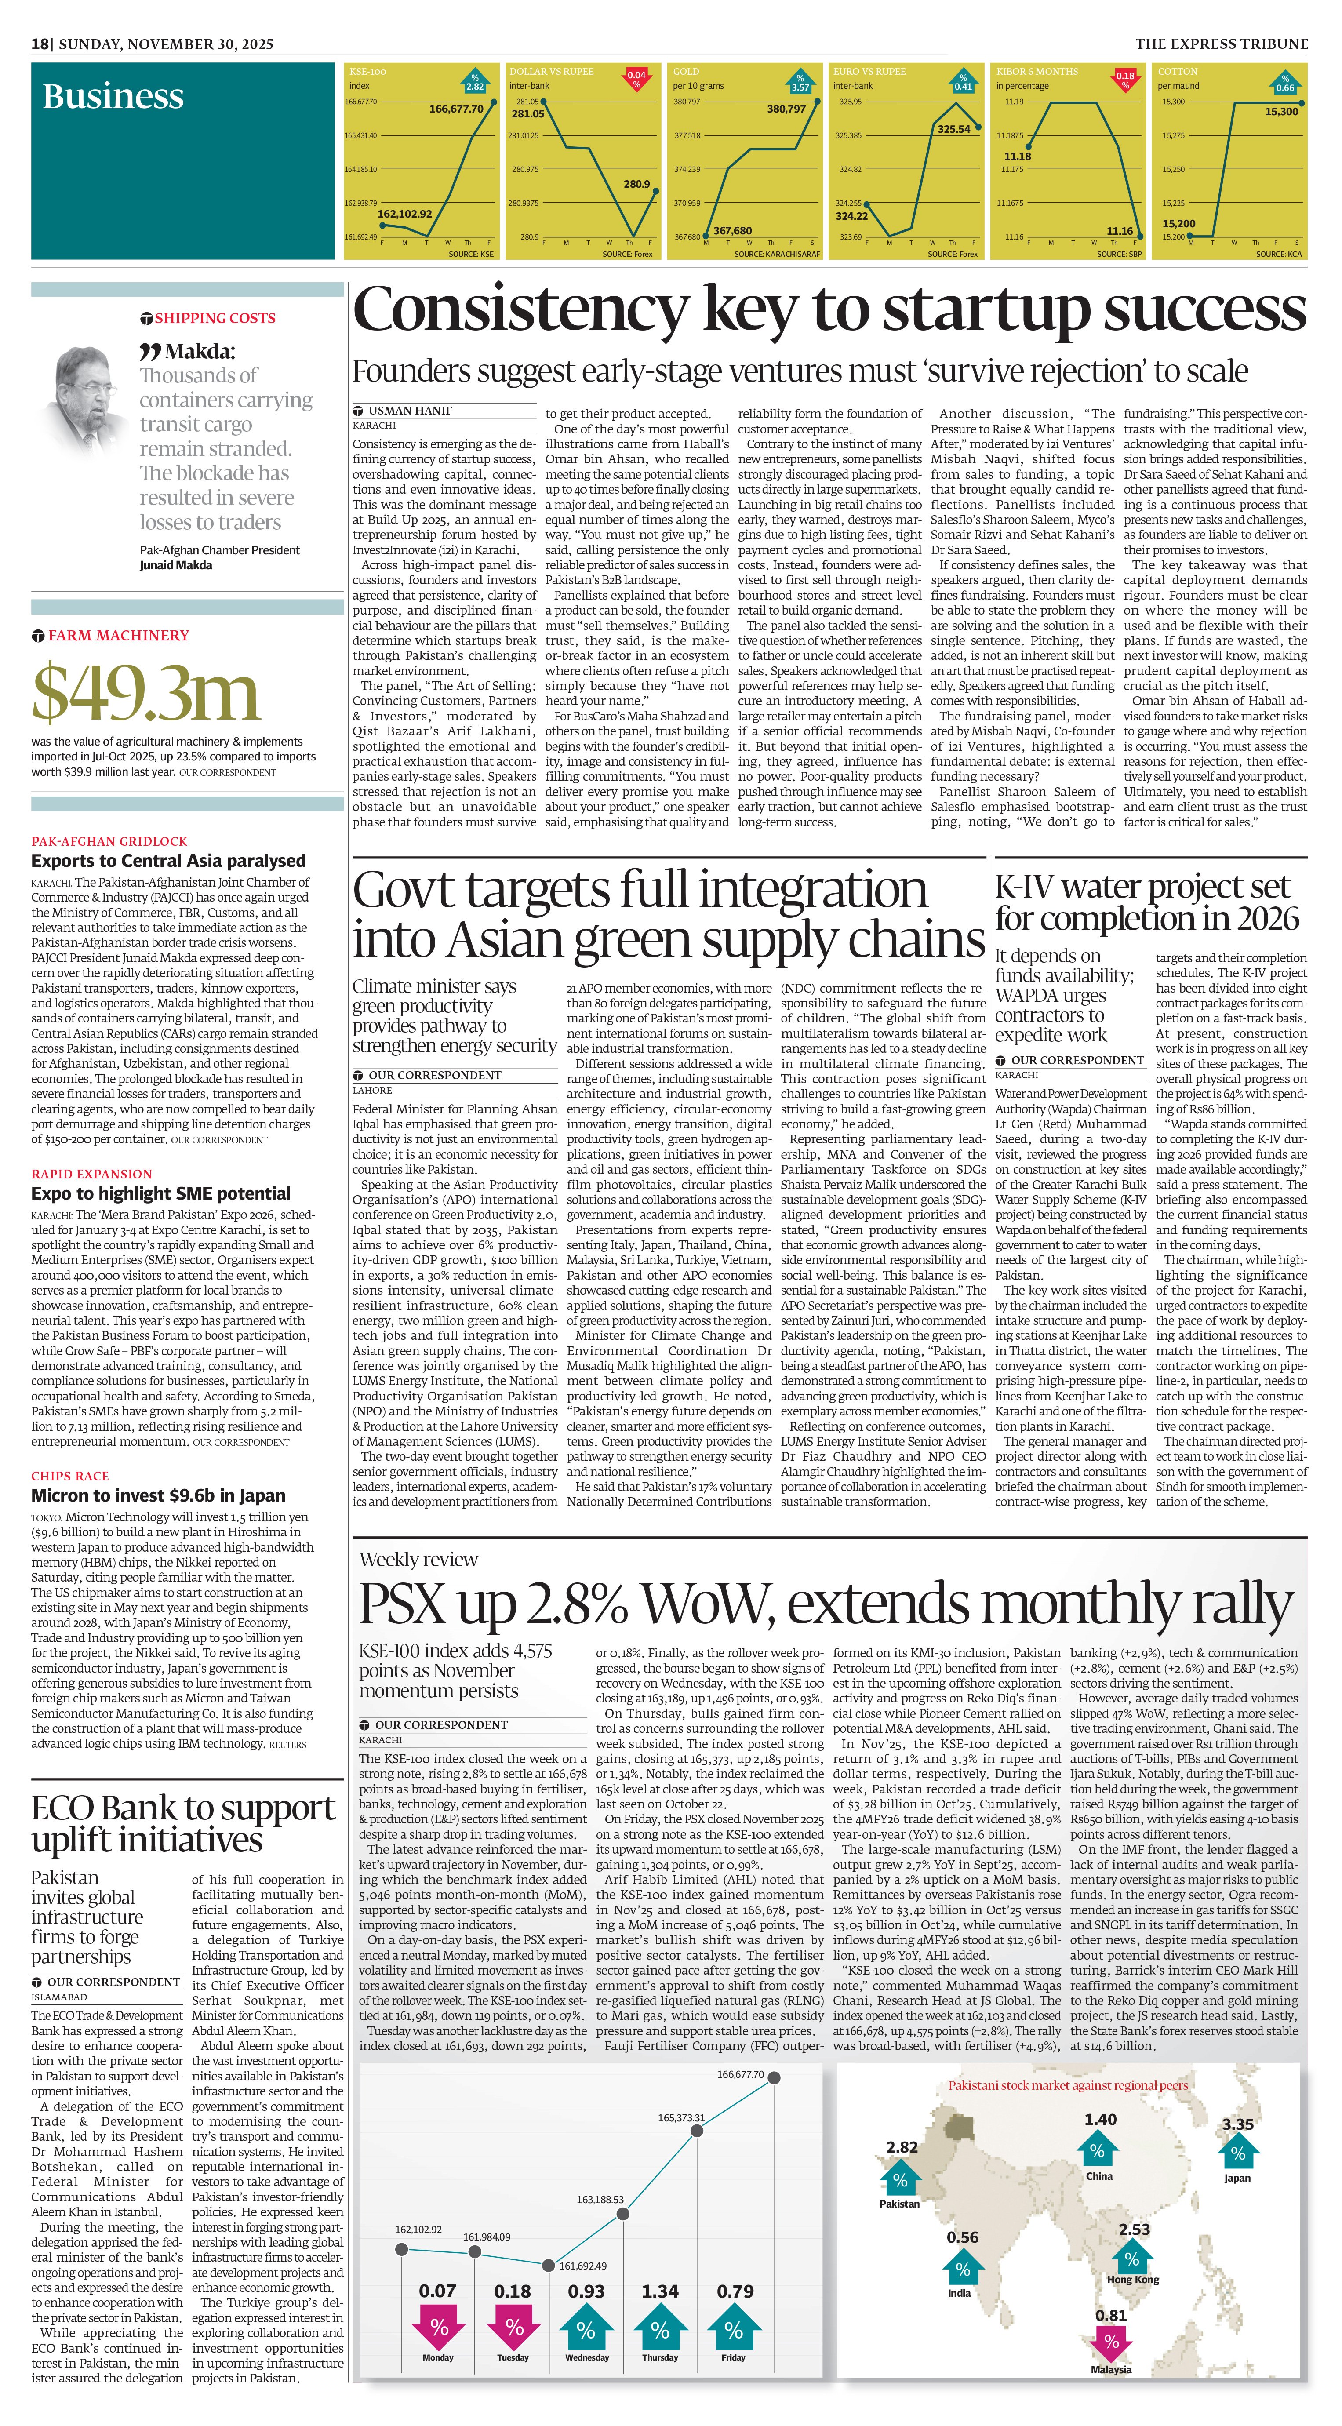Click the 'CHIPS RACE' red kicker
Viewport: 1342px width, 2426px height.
pos(70,1476)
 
